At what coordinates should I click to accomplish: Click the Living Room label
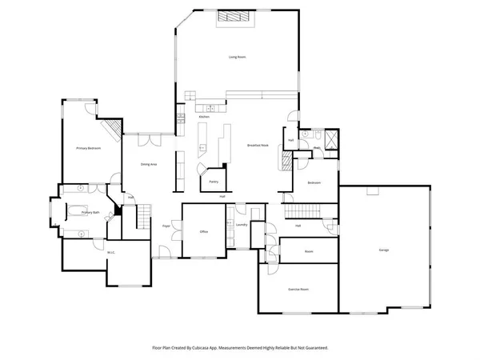[237, 58]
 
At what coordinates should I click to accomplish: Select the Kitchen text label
[204, 117]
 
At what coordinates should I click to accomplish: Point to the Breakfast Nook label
[257, 145]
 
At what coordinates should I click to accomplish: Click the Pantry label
[214, 182]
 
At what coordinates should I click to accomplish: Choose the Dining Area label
[148, 164]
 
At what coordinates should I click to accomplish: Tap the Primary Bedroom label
[88, 149]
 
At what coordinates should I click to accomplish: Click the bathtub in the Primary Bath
[78, 211]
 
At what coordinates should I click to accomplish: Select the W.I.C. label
[111, 254]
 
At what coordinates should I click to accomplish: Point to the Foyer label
[166, 226]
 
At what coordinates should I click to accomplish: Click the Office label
[203, 232]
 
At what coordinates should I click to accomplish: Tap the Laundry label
[242, 225]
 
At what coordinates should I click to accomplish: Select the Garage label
[383, 250]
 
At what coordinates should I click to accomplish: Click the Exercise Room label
[298, 288]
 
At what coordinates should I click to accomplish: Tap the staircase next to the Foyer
[142, 216]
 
